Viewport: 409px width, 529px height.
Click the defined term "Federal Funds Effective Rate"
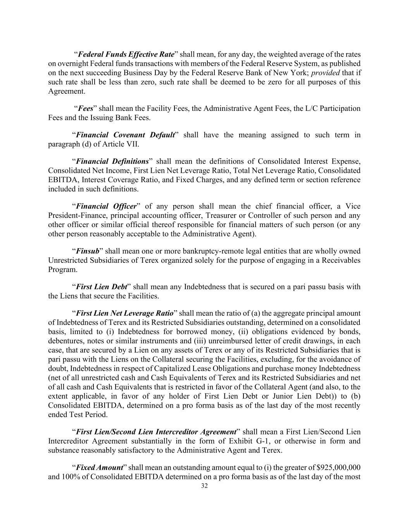tap(126, 54)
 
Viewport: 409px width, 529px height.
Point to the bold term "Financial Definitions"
tap(112, 161)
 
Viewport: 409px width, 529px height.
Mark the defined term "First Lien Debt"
tap(102, 287)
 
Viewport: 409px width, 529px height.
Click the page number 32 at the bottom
tap(204, 486)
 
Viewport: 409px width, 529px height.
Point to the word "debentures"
tap(65, 341)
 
